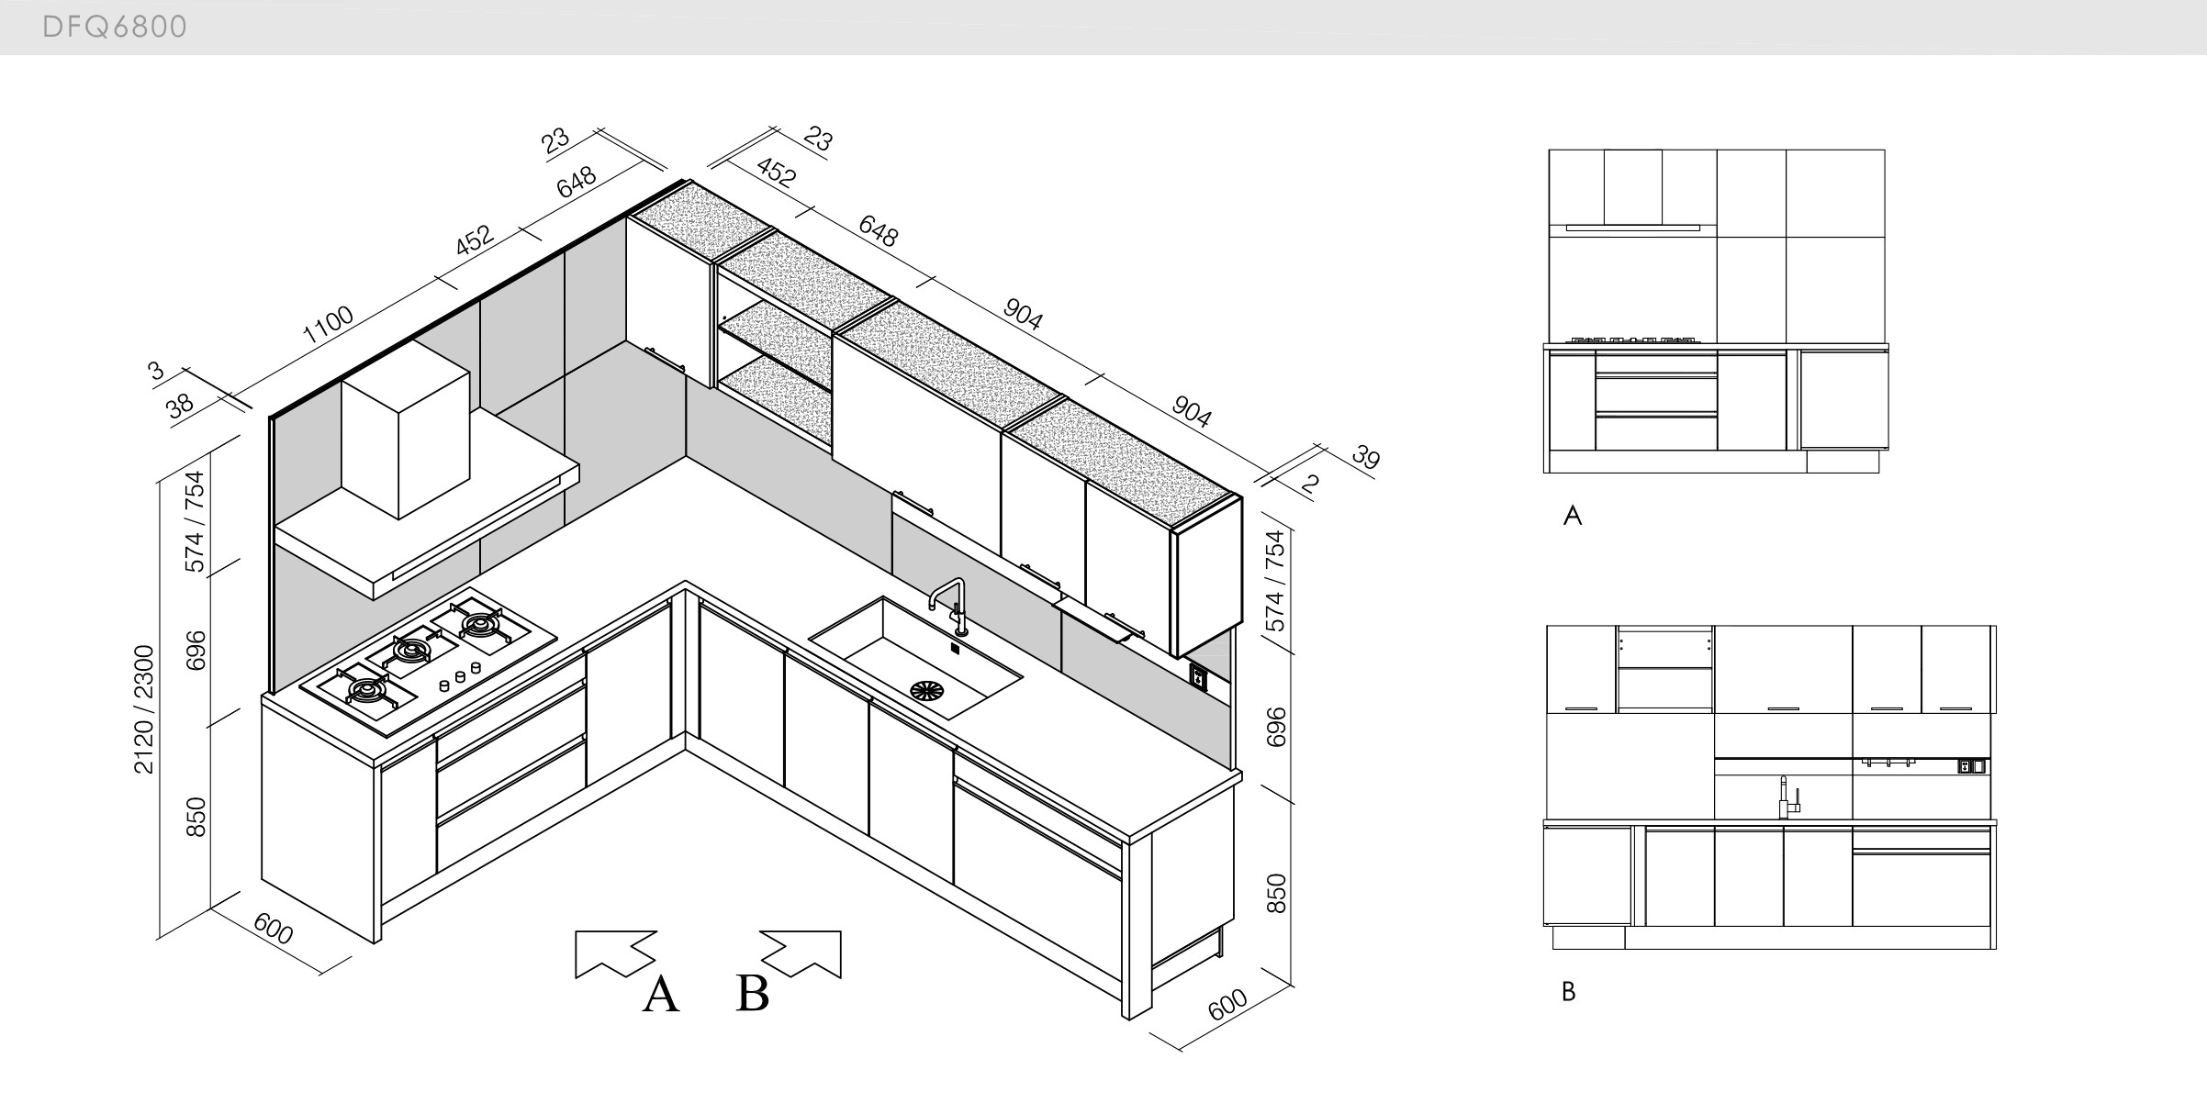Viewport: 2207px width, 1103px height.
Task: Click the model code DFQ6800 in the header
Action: coord(115,28)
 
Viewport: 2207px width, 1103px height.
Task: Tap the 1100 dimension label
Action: coord(328,324)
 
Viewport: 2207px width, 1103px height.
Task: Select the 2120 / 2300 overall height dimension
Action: coord(145,709)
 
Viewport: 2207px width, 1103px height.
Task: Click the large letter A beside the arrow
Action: coord(660,995)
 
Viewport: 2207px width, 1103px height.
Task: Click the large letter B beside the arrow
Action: coord(752,993)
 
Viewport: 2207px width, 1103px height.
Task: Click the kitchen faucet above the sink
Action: coord(951,605)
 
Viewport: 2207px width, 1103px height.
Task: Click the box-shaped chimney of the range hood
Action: coord(404,431)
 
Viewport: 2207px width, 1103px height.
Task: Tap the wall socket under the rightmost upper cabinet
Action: coord(1198,676)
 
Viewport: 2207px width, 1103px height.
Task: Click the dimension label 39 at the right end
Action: coord(1366,457)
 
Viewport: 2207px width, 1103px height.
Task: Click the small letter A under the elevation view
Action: coord(1573,517)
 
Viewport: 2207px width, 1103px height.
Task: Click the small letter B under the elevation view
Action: coord(1568,992)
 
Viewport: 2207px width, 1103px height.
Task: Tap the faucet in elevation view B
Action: coord(1786,798)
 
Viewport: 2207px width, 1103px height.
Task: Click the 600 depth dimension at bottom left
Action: coord(274,930)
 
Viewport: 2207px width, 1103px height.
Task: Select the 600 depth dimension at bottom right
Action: coord(1227,1005)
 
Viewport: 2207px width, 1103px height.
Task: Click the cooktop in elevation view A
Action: coord(1634,340)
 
